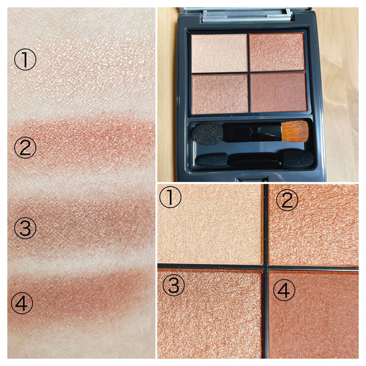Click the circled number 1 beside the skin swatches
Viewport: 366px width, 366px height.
click(x=25, y=59)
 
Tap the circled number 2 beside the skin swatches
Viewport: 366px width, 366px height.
click(x=25, y=147)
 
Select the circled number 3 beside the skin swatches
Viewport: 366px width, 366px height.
click(x=25, y=228)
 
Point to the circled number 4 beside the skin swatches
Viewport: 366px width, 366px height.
click(x=22, y=303)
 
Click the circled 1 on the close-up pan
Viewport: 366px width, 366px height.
click(x=170, y=198)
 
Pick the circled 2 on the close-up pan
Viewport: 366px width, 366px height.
click(x=287, y=200)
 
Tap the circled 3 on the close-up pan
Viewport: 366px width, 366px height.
click(x=173, y=285)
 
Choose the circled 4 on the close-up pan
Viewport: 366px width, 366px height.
click(x=284, y=290)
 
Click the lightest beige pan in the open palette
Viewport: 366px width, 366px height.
click(x=219, y=53)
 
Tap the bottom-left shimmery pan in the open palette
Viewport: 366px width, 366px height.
click(x=220, y=94)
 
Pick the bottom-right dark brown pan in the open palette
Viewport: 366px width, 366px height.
click(x=279, y=92)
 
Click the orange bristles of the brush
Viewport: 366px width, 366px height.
click(x=295, y=131)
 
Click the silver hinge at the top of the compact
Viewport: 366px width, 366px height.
click(x=247, y=15)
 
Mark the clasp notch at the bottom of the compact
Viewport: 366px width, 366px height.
click(x=252, y=179)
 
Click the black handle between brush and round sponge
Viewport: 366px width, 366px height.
click(x=252, y=132)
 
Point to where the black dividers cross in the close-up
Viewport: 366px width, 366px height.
click(x=266, y=267)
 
